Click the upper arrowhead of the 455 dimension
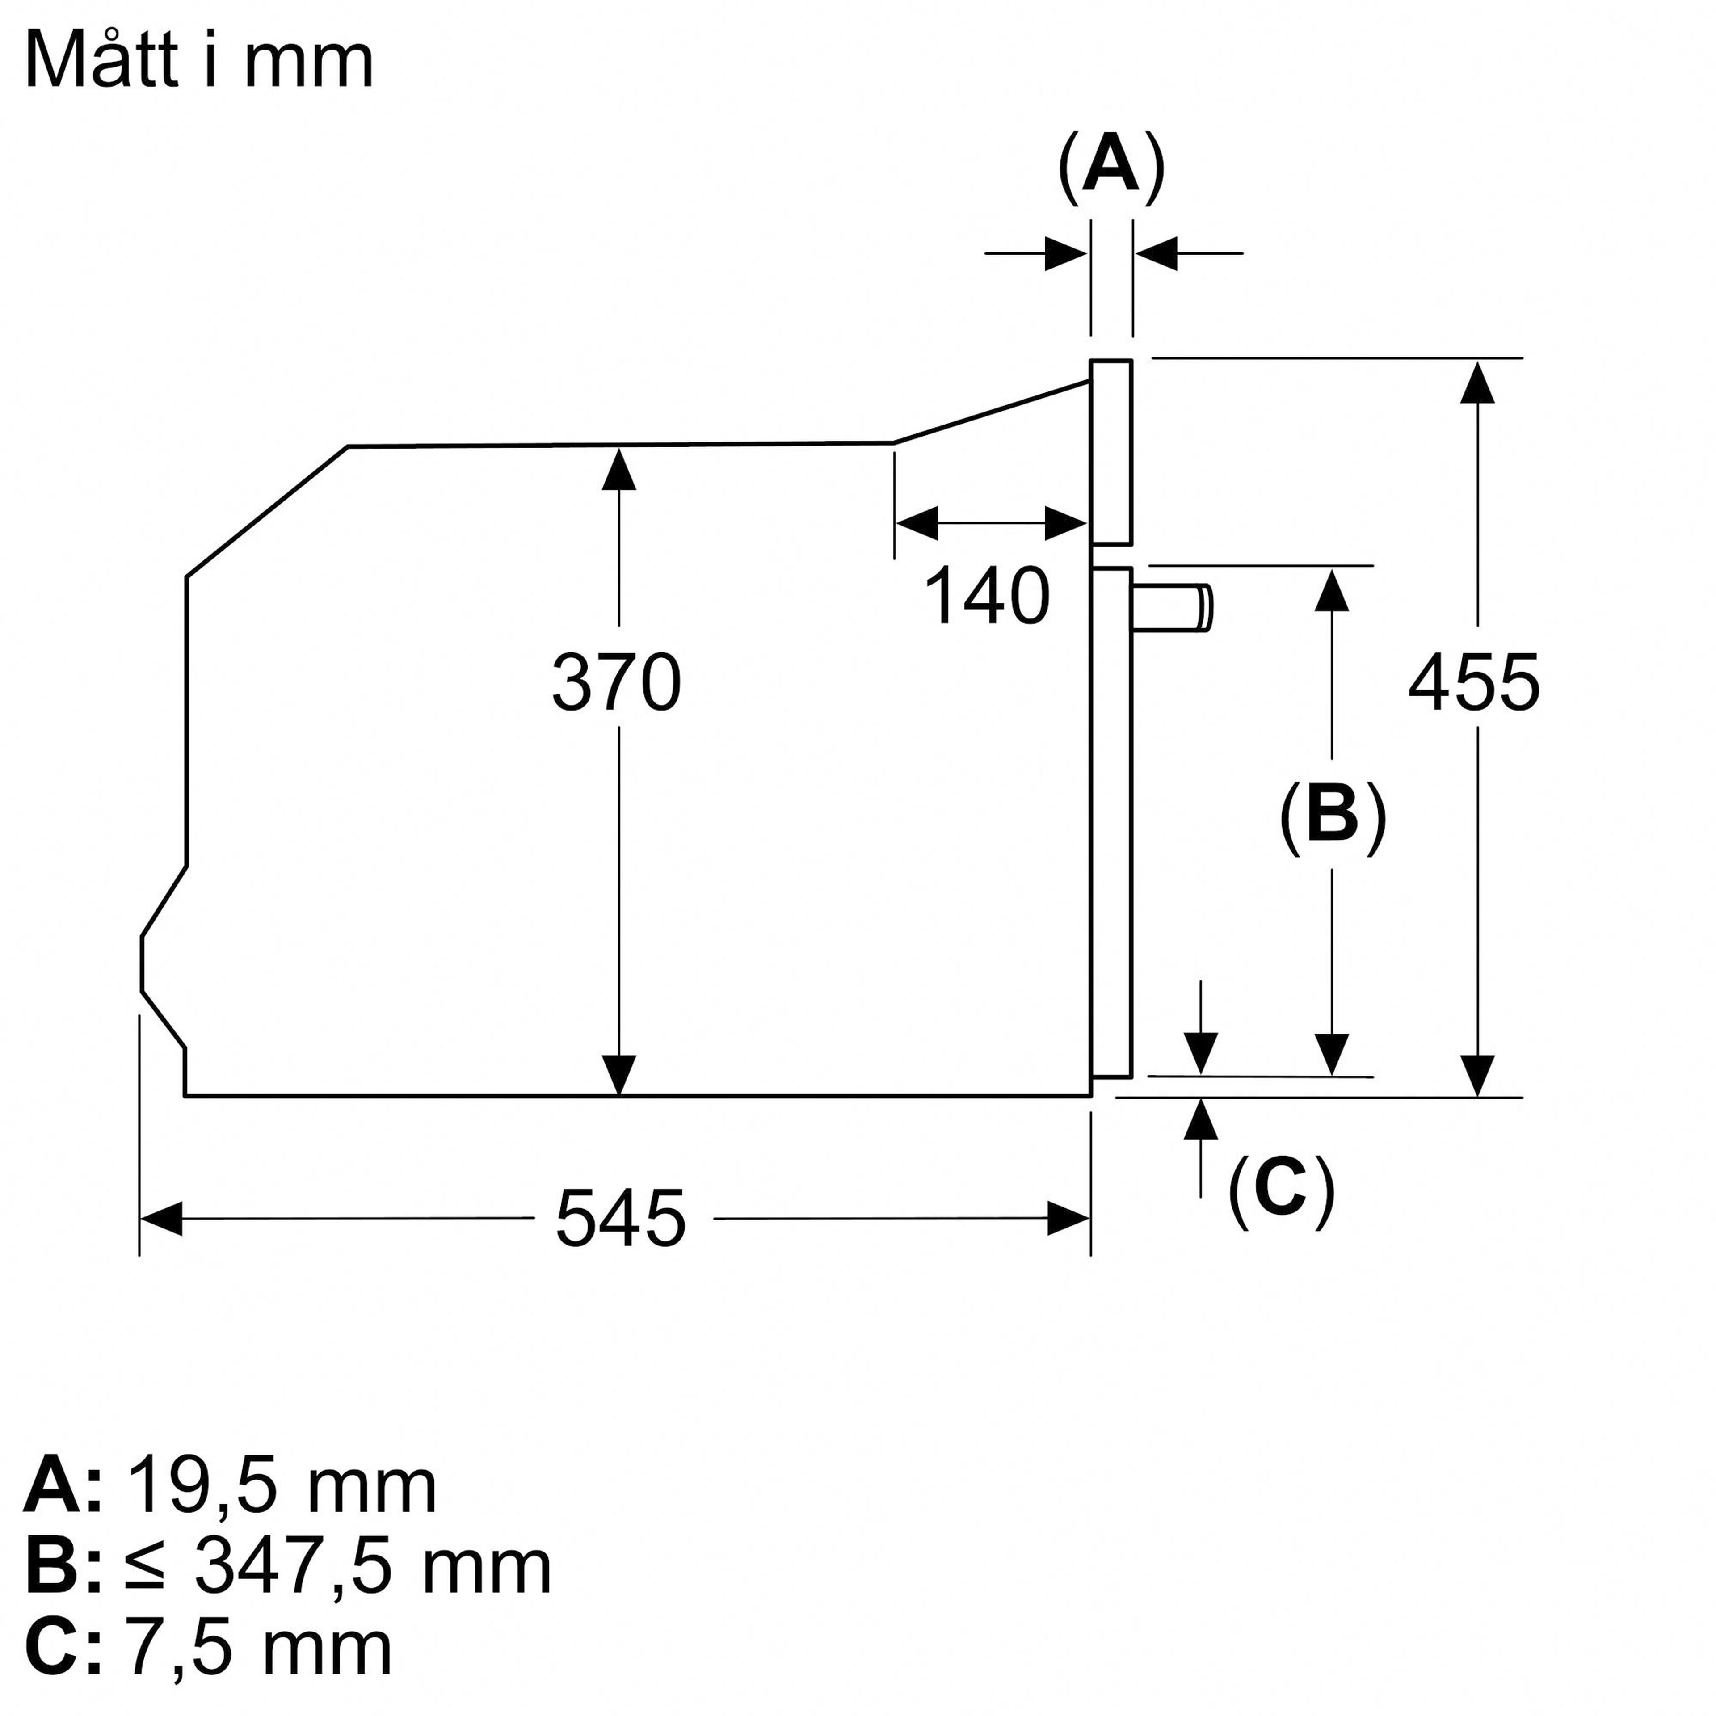[x=1477, y=382]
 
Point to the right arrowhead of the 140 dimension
[x=1066, y=523]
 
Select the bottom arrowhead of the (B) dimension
[x=1331, y=1054]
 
